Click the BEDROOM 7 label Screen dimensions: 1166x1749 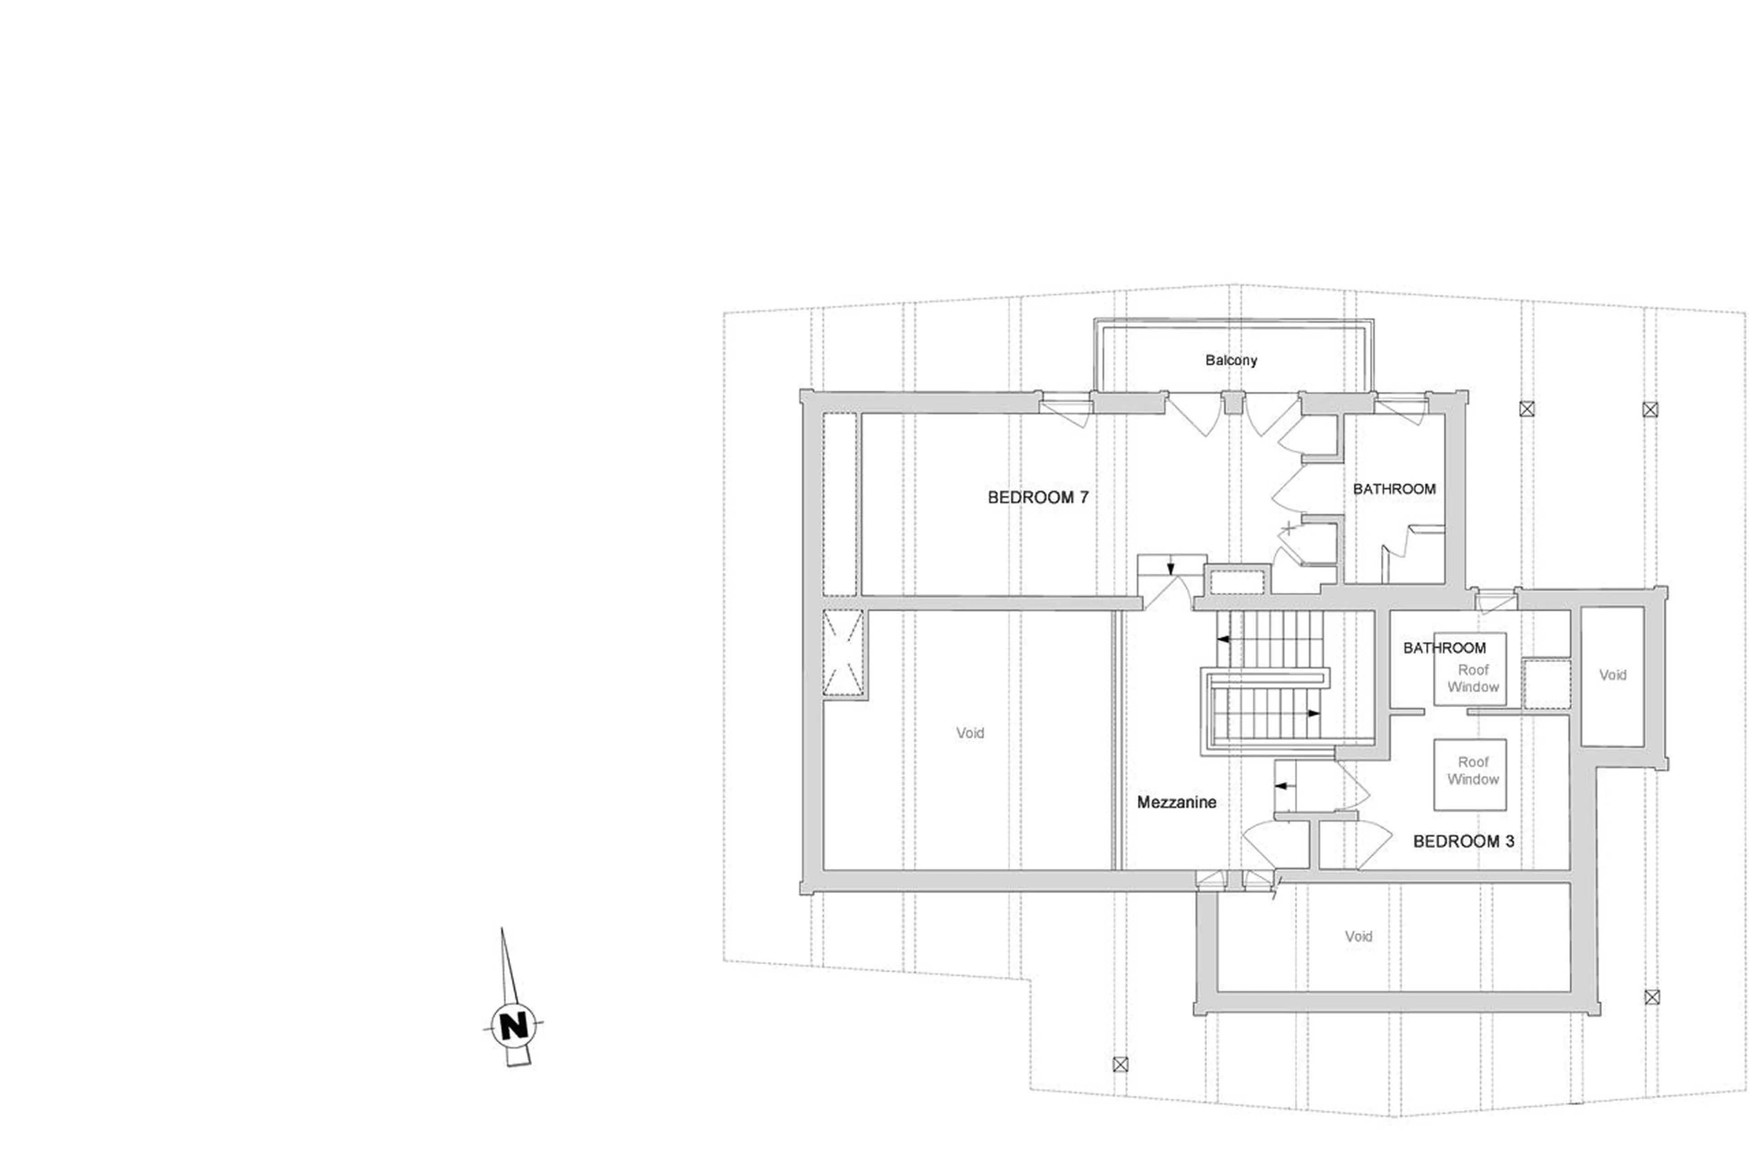[x=1038, y=498]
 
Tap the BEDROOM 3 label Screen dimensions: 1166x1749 [x=1463, y=841]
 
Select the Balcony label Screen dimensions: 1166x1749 [x=1231, y=360]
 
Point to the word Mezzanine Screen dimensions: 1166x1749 [x=1176, y=801]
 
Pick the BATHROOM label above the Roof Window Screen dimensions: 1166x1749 [x=1443, y=647]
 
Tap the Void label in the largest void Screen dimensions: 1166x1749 [x=969, y=733]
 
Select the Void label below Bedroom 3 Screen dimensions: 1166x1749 [x=1358, y=936]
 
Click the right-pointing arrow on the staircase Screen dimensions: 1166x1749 [x=1314, y=713]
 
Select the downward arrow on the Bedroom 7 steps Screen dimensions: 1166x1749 [x=1171, y=569]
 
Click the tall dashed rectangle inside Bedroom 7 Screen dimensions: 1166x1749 [x=840, y=504]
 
